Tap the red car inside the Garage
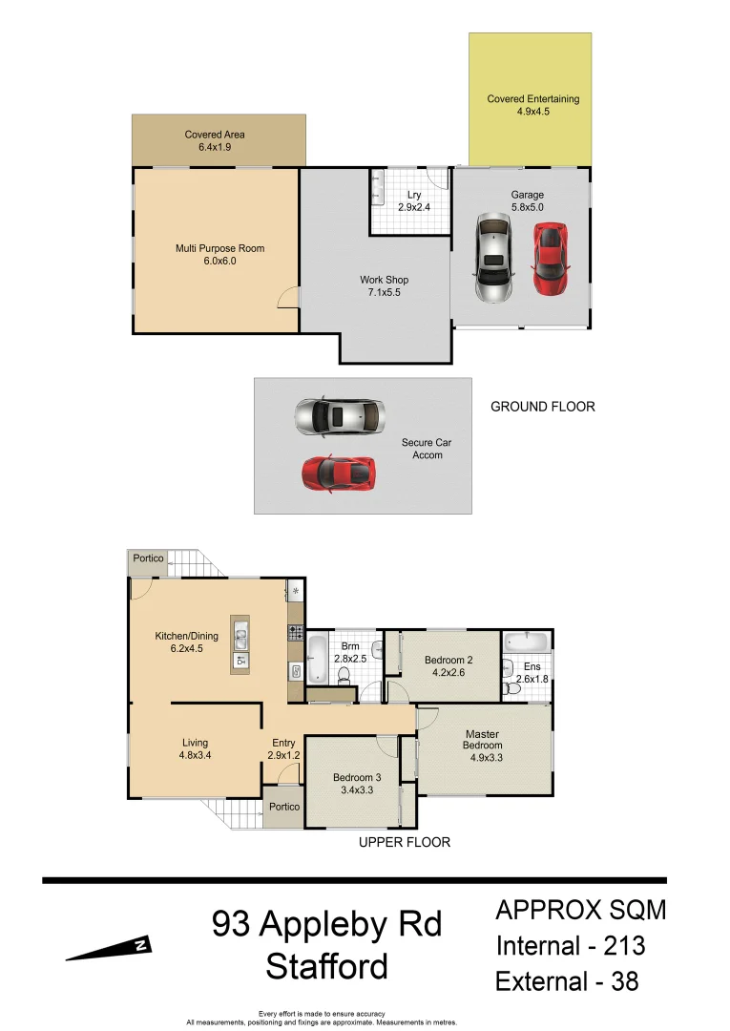click(x=550, y=259)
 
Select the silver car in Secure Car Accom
click(x=339, y=416)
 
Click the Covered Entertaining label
click(x=532, y=105)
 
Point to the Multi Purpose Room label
click(x=219, y=255)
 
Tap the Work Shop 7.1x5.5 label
click(x=384, y=286)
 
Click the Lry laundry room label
click(x=413, y=201)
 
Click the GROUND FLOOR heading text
click(x=542, y=407)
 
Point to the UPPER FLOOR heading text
click(x=404, y=842)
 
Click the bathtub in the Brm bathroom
click(x=317, y=660)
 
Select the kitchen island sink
click(x=241, y=633)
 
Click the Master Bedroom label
click(x=482, y=740)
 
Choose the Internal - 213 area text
click(x=570, y=946)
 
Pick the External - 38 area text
click(x=567, y=980)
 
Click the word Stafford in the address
click(x=326, y=966)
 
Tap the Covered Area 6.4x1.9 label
click(x=215, y=141)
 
